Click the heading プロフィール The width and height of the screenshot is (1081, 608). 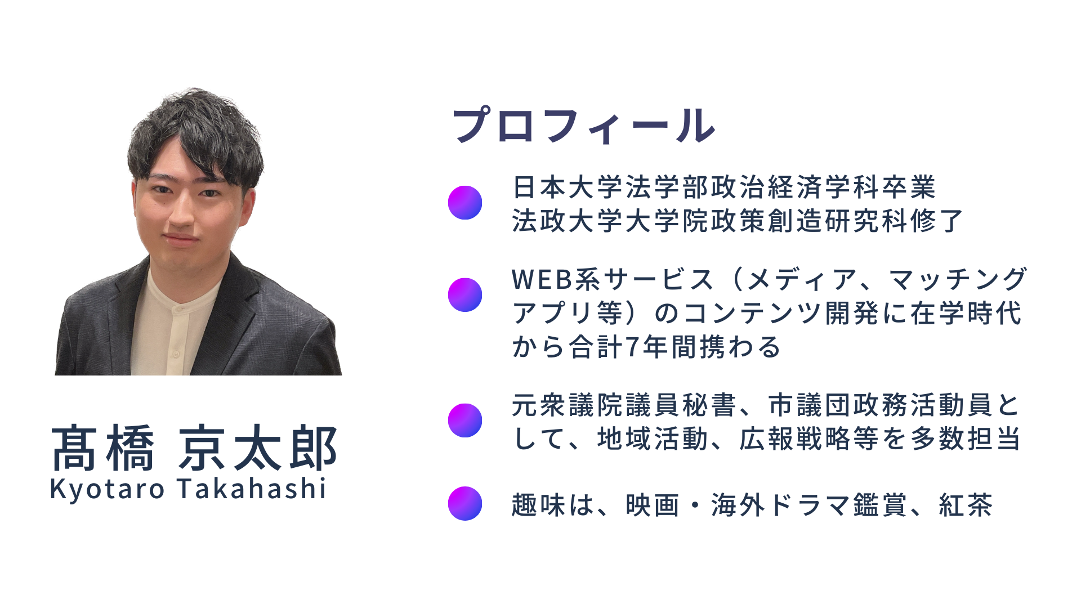(x=584, y=126)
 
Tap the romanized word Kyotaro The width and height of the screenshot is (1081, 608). (x=107, y=489)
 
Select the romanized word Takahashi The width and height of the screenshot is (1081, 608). (x=252, y=488)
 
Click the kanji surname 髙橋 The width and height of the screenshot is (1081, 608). (x=102, y=449)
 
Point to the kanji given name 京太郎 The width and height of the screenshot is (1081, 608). (x=258, y=449)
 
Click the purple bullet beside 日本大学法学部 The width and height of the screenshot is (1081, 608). (x=465, y=203)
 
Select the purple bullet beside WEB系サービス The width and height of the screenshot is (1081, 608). (x=465, y=294)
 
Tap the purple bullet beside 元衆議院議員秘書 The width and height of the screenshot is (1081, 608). (x=465, y=421)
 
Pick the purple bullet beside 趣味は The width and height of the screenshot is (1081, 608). (x=465, y=503)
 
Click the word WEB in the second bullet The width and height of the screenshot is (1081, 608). (x=542, y=280)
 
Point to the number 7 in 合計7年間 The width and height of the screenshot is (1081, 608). (x=632, y=347)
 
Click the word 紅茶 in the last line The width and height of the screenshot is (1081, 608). (x=966, y=505)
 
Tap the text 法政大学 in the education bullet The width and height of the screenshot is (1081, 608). (x=568, y=221)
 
